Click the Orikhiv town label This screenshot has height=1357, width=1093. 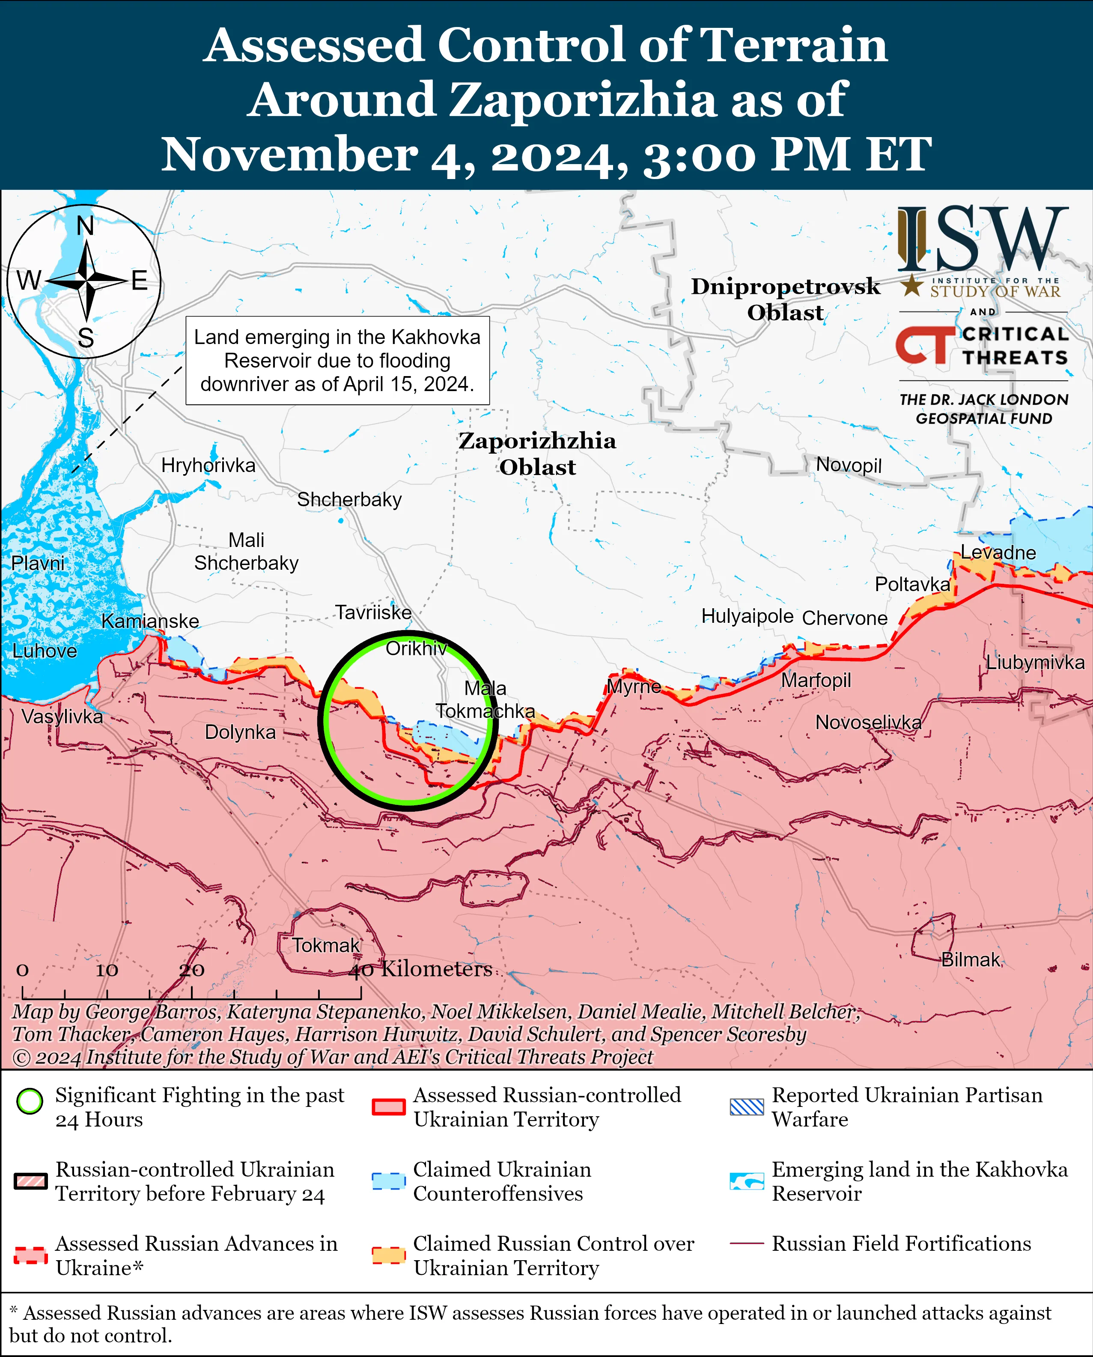(x=416, y=648)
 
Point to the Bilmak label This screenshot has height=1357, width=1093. (x=970, y=959)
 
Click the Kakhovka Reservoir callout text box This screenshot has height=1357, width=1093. (x=337, y=360)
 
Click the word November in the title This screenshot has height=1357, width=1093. (x=289, y=154)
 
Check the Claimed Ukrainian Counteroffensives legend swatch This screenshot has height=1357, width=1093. (x=388, y=1181)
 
